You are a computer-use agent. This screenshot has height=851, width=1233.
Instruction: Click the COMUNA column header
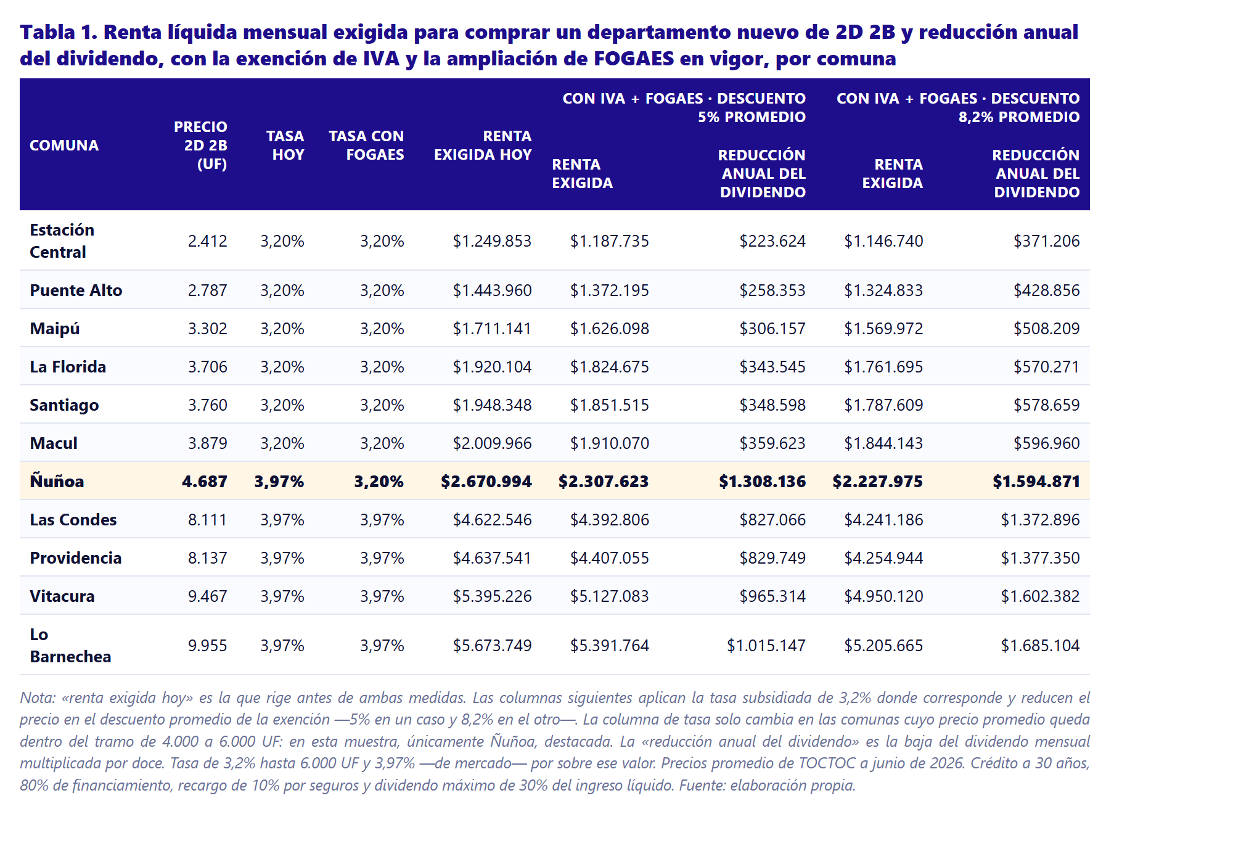[64, 146]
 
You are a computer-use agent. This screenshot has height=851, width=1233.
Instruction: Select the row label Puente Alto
[76, 290]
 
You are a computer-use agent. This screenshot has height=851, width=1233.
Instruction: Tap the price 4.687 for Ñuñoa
[205, 482]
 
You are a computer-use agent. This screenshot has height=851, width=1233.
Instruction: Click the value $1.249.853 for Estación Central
[492, 241]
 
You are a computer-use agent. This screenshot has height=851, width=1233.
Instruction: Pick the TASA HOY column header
[285, 146]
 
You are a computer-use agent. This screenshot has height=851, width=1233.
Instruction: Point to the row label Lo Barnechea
[70, 646]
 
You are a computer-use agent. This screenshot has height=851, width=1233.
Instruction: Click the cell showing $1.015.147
[766, 646]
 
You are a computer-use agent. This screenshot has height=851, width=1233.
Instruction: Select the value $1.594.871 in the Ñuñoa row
[1036, 482]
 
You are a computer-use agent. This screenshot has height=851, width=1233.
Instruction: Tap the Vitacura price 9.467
[208, 596]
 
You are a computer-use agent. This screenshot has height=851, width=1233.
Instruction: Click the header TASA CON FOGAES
[366, 146]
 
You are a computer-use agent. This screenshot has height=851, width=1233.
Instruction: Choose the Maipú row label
[55, 329]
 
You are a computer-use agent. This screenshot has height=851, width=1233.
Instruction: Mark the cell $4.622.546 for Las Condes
[492, 520]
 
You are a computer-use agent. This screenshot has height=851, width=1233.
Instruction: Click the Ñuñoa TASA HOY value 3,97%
[279, 482]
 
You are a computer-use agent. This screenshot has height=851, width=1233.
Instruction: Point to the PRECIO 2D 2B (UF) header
[200, 146]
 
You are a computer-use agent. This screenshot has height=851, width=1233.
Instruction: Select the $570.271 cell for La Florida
[1047, 367]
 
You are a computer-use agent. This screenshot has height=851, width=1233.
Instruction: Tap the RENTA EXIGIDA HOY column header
[483, 146]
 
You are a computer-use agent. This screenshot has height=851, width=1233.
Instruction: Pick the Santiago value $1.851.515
[610, 405]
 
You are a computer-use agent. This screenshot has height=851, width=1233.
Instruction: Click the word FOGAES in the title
[634, 59]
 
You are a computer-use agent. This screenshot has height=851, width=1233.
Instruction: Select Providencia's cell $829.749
[772, 558]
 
